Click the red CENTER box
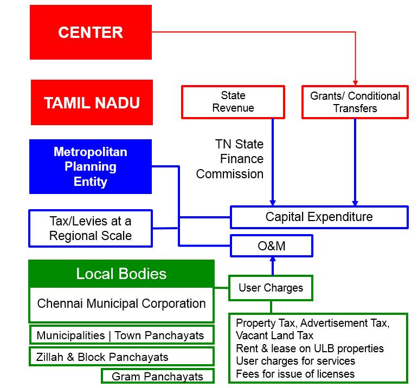pyautogui.click(x=91, y=33)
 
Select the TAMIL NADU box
pyautogui.click(x=91, y=102)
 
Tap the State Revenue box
pyautogui.click(x=233, y=102)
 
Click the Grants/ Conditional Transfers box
pyautogui.click(x=355, y=102)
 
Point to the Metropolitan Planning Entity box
pyautogui.click(x=91, y=166)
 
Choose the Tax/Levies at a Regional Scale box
pyautogui.click(x=91, y=228)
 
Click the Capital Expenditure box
pyautogui.click(x=319, y=217)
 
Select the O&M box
pyautogui.click(x=272, y=246)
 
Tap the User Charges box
pyautogui.click(x=271, y=288)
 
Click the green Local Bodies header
pyautogui.click(x=121, y=273)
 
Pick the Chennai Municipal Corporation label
pyautogui.click(x=121, y=303)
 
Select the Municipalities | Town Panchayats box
pyautogui.click(x=121, y=335)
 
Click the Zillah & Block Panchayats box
pyautogui.click(x=121, y=357)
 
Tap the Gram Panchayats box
pyautogui.click(x=157, y=376)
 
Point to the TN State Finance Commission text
pyautogui.click(x=230, y=159)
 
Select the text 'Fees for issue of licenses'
pyautogui.click(x=295, y=374)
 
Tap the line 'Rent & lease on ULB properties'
pyautogui.click(x=310, y=348)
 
